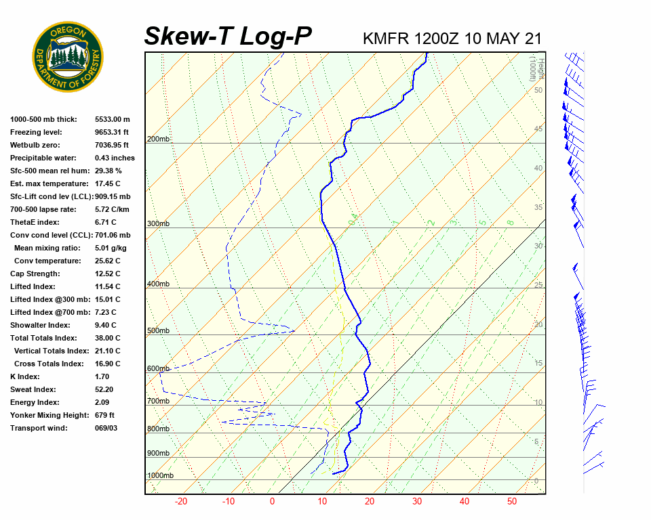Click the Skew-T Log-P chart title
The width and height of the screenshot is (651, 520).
click(x=228, y=36)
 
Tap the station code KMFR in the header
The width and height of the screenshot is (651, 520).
click(x=386, y=38)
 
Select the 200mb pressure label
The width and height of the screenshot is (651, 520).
click(x=158, y=139)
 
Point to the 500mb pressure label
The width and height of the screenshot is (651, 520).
click(x=158, y=330)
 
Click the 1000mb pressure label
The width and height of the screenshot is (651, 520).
click(x=160, y=476)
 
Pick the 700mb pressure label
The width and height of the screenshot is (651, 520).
click(x=158, y=401)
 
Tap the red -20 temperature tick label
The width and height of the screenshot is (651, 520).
click(x=181, y=502)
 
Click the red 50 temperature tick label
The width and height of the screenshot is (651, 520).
click(x=511, y=502)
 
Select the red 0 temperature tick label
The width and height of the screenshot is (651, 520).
click(x=272, y=502)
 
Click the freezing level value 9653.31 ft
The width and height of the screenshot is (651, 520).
click(x=112, y=132)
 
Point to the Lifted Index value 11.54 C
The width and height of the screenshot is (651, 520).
click(x=107, y=286)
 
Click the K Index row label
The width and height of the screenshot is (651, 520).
click(x=25, y=376)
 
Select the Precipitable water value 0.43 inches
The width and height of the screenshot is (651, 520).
click(x=115, y=158)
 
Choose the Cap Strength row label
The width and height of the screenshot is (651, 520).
click(x=35, y=274)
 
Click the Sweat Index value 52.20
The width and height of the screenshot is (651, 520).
click(x=104, y=389)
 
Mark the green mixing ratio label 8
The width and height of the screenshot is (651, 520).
click(x=510, y=222)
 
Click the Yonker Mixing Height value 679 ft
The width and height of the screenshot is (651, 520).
click(x=104, y=415)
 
